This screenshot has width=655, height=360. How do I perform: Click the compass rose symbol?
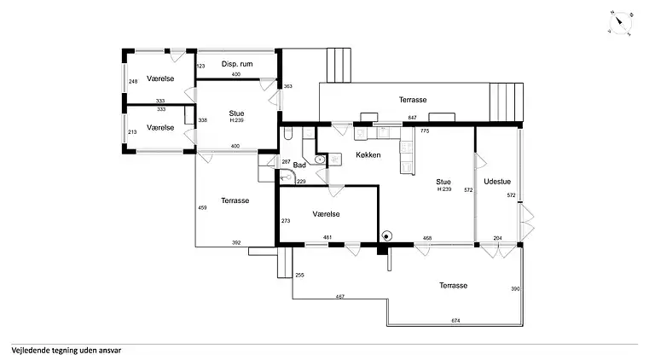click(621, 23)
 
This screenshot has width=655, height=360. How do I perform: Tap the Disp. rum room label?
click(237, 64)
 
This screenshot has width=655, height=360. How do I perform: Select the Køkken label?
click(368, 155)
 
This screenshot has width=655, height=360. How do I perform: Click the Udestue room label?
click(497, 182)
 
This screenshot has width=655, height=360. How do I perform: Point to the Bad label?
click(299, 165)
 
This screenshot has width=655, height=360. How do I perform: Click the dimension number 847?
click(412, 118)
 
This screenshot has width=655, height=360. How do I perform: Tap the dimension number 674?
click(455, 321)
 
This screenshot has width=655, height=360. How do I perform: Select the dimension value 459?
click(202, 207)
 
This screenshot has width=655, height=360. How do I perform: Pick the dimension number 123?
click(200, 66)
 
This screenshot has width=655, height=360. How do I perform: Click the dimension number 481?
click(327, 238)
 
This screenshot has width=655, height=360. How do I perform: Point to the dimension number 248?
click(133, 81)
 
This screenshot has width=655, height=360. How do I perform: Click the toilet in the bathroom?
click(288, 133)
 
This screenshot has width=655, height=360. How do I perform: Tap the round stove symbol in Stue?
click(387, 236)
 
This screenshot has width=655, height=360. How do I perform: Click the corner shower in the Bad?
click(287, 177)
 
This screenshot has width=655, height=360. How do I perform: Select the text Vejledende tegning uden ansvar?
click(67, 351)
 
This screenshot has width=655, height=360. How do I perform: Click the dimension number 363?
click(287, 86)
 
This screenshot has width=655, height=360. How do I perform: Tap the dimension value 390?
click(515, 288)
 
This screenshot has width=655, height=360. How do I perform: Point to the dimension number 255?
click(299, 276)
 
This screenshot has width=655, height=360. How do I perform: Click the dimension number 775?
click(425, 131)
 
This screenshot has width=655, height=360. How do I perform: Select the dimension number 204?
click(497, 238)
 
